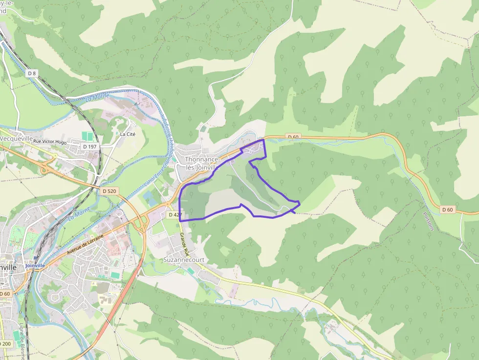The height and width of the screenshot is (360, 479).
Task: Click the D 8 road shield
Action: click(32, 73)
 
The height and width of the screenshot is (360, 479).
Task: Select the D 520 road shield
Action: click(110, 191)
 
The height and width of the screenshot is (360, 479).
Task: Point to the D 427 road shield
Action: click(174, 214)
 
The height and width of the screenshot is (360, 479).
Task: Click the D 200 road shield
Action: click(4, 344)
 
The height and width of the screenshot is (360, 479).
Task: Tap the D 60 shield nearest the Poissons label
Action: click(447, 210)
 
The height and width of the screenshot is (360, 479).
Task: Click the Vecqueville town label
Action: click(16, 138)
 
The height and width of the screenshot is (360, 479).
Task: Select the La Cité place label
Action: click(127, 134)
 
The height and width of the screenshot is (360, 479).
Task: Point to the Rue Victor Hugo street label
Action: click(50, 141)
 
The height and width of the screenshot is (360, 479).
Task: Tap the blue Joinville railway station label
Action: click(35, 265)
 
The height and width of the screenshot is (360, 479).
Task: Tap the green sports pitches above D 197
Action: click(87, 136)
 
